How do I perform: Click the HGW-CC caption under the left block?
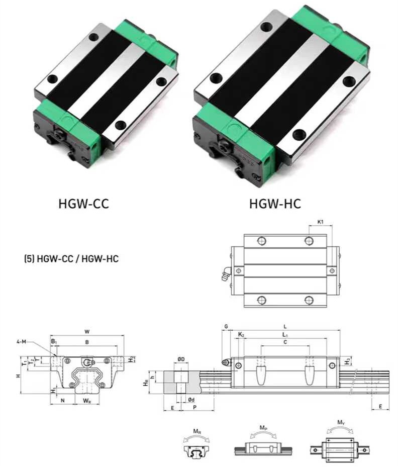(83, 204)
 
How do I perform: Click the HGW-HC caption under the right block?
(275, 204)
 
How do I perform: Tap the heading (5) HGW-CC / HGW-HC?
(71, 258)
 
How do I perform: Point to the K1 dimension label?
(320, 222)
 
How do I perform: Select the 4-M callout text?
(21, 341)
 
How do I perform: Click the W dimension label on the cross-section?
(87, 331)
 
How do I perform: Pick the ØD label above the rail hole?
(181, 358)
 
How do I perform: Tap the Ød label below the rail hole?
(191, 400)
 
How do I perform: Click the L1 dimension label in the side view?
(285, 334)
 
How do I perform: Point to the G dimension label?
(226, 326)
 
